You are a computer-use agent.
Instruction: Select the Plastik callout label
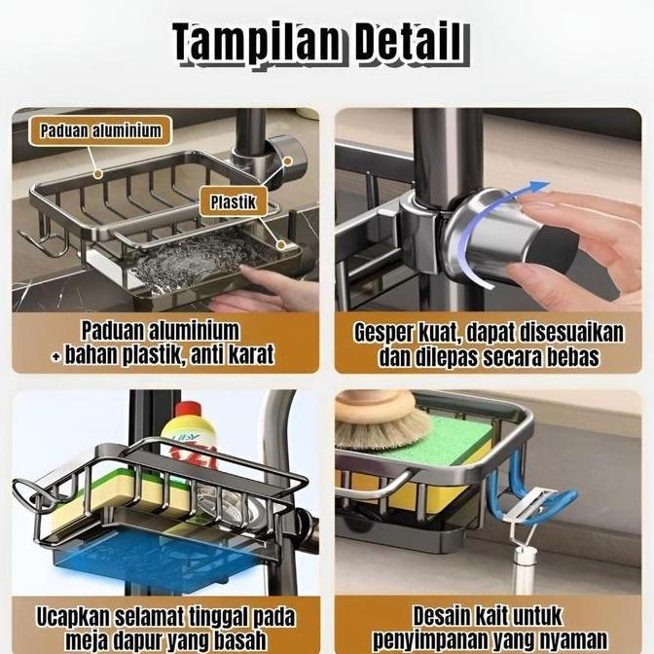click(x=234, y=202)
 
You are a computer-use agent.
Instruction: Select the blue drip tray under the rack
click(x=161, y=556)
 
